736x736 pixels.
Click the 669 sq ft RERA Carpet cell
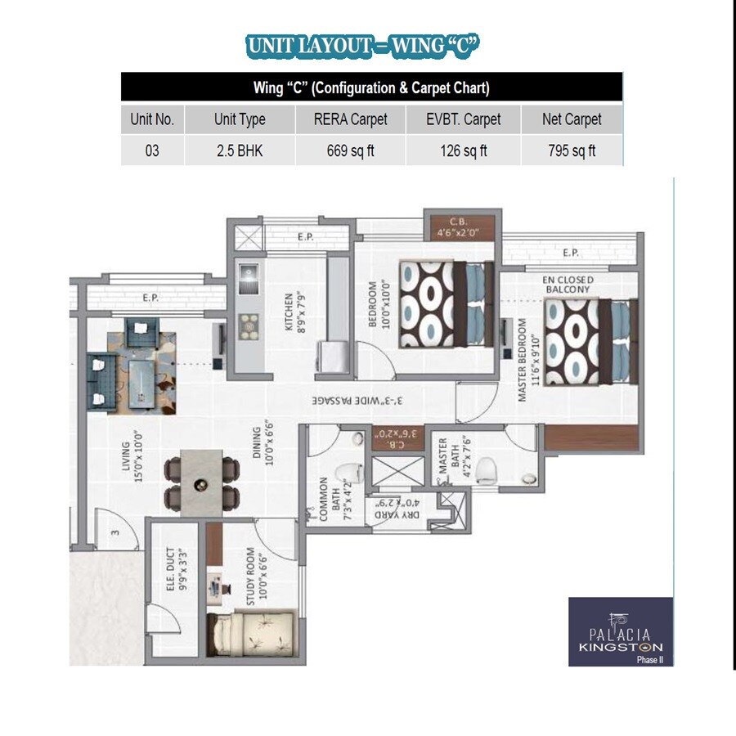click(x=351, y=151)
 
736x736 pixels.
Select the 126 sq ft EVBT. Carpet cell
click(x=464, y=151)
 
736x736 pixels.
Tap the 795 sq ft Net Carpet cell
click(x=572, y=151)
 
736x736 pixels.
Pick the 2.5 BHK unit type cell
click(x=240, y=151)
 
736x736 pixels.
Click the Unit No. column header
click(x=152, y=119)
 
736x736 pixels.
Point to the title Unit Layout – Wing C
click(x=361, y=47)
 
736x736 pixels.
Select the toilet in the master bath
click(x=487, y=469)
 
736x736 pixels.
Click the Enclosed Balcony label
click(x=568, y=285)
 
